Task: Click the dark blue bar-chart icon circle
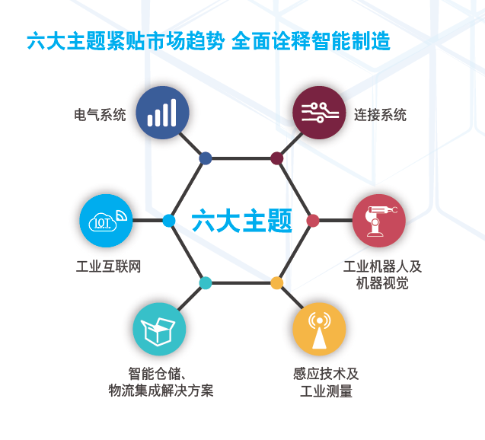(162, 113)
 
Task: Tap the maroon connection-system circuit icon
(319, 113)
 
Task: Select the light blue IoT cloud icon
(106, 221)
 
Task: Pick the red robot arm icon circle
(378, 221)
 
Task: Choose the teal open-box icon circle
(159, 329)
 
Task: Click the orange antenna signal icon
(319, 329)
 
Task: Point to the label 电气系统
(100, 116)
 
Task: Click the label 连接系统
(380, 116)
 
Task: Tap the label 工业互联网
(109, 267)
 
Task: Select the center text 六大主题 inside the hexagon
(241, 222)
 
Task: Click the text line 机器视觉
(382, 283)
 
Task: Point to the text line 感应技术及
(326, 375)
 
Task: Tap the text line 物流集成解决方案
(161, 391)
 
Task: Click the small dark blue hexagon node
(206, 158)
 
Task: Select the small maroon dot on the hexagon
(277, 158)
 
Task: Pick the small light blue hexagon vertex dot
(169, 221)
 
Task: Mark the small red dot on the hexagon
(313, 221)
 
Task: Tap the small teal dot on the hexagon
(206, 283)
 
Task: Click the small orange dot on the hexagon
(277, 283)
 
